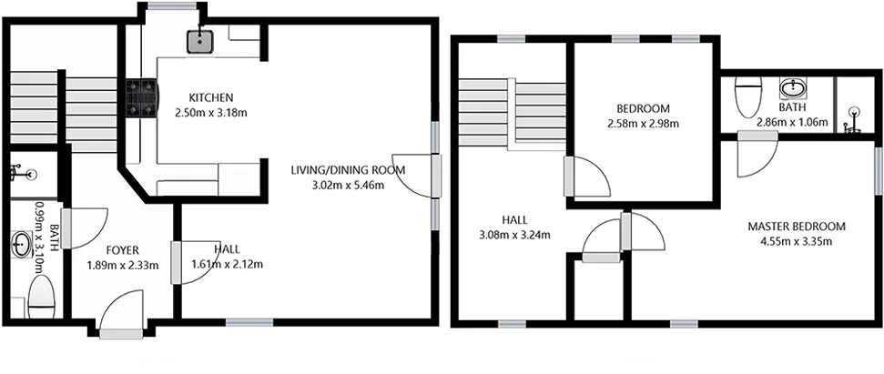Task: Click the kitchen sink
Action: tap(201, 41)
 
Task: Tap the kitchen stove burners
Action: tap(142, 96)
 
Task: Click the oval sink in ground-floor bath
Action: tap(22, 246)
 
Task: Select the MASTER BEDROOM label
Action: tap(797, 227)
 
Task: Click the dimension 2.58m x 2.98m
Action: tap(643, 124)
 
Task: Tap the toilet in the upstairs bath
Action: tap(748, 96)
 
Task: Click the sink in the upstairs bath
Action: tap(794, 88)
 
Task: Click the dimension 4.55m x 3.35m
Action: tap(797, 242)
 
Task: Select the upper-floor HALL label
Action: tap(514, 219)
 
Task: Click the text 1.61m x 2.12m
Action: tap(228, 264)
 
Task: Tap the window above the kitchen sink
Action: tap(172, 6)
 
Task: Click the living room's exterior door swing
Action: tap(416, 176)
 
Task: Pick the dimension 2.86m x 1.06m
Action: tap(792, 122)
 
